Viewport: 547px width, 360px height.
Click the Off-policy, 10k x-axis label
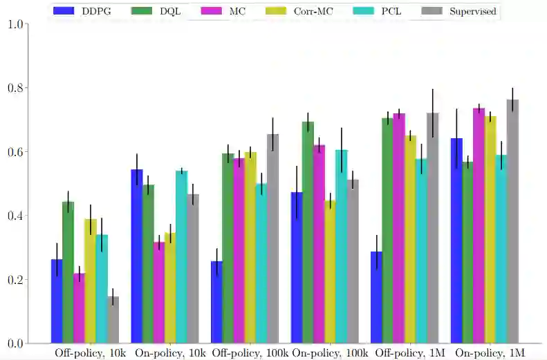[91, 353]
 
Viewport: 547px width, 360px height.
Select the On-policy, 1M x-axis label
[490, 353]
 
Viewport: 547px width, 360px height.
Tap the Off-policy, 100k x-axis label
[250, 353]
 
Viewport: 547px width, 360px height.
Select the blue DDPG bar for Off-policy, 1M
[377, 297]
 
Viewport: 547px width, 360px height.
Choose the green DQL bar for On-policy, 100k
[308, 232]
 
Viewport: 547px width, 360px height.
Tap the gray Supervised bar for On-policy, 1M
[512, 221]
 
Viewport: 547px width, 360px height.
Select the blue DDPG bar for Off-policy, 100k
[217, 302]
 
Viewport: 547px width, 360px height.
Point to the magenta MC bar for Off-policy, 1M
[399, 228]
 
